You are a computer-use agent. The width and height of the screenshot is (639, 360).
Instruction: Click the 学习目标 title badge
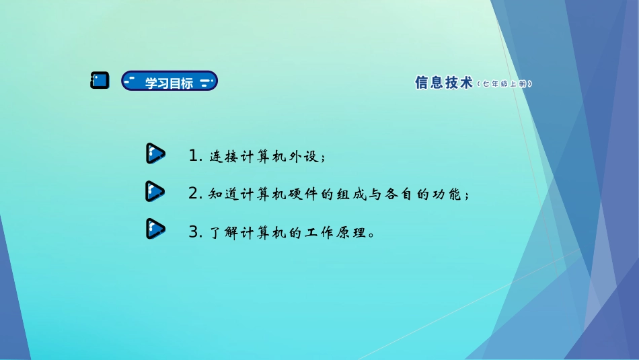click(169, 81)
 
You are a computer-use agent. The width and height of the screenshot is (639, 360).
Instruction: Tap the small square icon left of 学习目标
click(100, 81)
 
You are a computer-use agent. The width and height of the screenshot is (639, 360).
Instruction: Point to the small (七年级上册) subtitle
click(504, 84)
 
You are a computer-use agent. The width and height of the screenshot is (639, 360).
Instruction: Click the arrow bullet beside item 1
click(155, 154)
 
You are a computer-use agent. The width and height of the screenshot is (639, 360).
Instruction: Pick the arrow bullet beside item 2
click(155, 192)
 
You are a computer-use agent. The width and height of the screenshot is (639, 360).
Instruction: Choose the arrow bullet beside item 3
click(155, 229)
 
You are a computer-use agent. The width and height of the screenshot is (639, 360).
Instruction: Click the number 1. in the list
click(196, 156)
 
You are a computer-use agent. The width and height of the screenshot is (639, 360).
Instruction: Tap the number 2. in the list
click(196, 194)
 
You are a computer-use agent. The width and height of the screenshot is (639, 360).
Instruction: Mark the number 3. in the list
click(196, 233)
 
